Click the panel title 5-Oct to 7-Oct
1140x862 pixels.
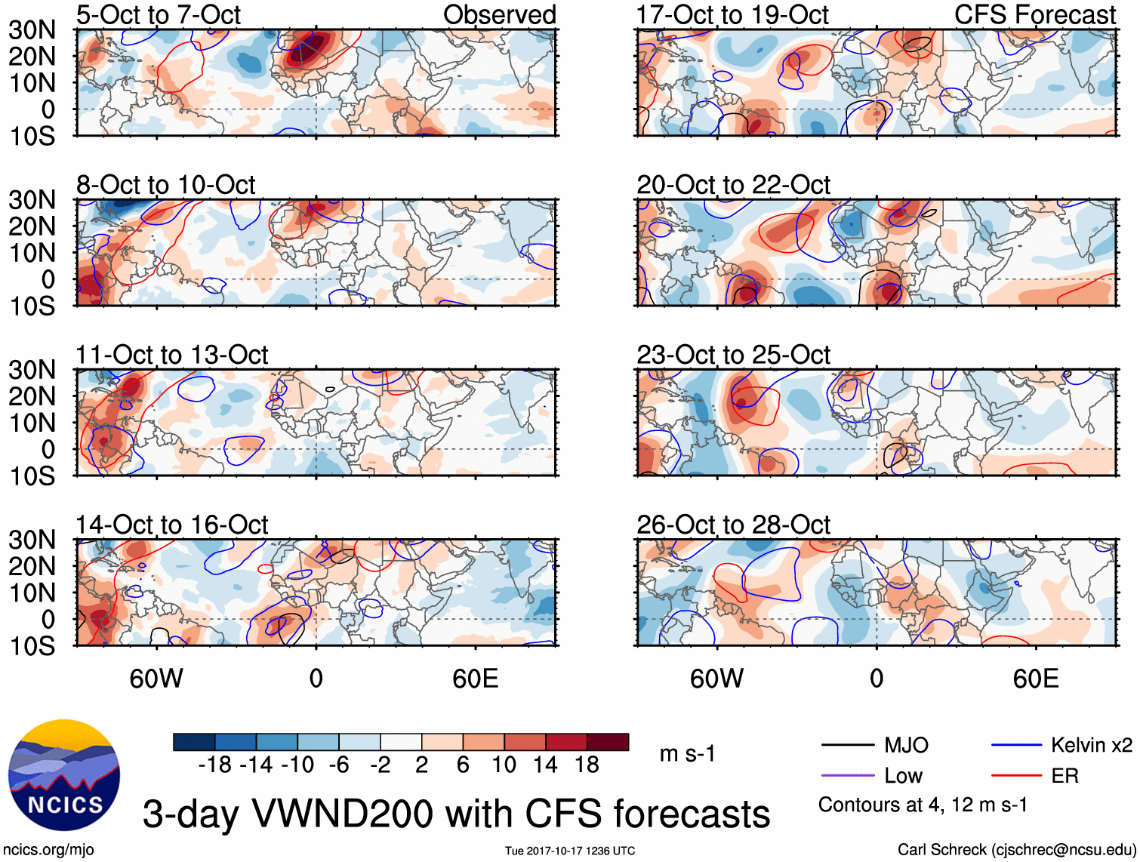159,14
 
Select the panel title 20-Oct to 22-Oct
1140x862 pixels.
733,185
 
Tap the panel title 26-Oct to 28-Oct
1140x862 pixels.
733,525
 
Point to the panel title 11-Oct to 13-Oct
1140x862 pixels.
172,355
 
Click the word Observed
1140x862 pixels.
499,14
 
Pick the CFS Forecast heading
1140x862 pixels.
1034,14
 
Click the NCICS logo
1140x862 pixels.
64,775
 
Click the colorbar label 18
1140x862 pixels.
587,765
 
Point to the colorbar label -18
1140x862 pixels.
214,765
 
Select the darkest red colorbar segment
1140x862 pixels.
608,742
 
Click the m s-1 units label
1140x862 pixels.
687,753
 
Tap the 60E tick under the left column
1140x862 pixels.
475,679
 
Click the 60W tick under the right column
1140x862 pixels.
716,679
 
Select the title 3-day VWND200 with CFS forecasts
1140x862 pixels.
456,814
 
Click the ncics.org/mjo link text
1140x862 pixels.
48,850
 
